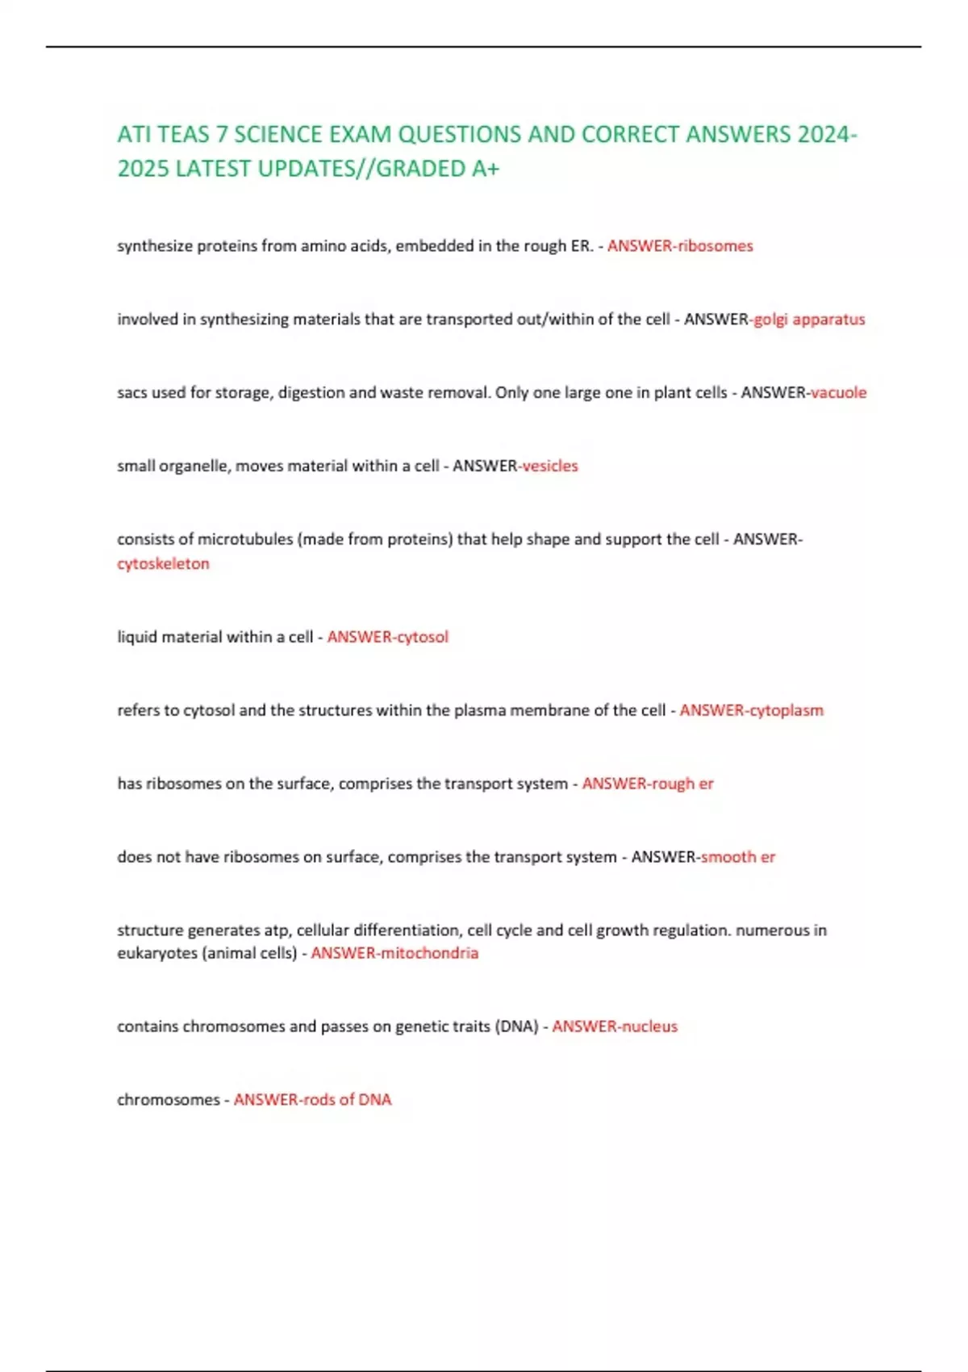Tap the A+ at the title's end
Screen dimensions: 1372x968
(x=485, y=169)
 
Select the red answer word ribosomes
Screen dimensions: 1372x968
(x=715, y=246)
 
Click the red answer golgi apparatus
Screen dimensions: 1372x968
(x=809, y=320)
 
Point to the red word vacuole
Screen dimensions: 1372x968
(x=839, y=393)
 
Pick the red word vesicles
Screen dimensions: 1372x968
(x=551, y=466)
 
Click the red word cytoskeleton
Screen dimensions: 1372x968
(x=163, y=564)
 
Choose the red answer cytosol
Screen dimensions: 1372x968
(x=422, y=638)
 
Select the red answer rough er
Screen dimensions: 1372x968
(x=682, y=784)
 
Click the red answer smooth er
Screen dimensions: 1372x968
(x=738, y=857)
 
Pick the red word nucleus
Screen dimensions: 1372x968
(x=649, y=1027)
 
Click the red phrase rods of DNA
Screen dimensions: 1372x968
(x=347, y=1100)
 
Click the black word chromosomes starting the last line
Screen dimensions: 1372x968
(x=168, y=1100)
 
